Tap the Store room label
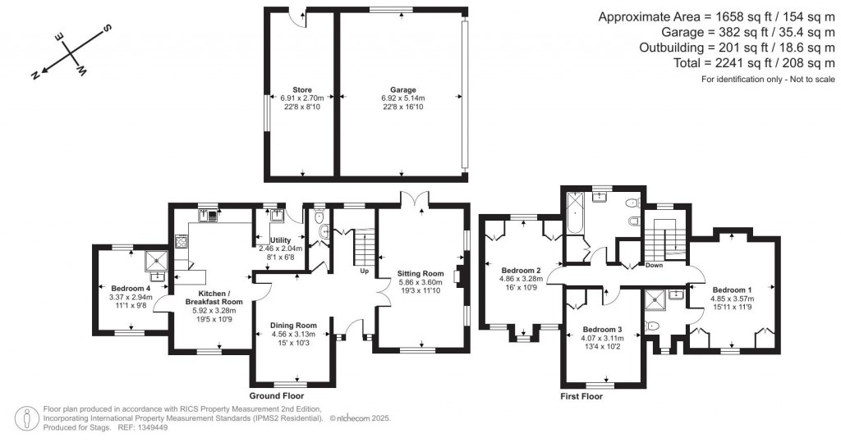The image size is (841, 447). point(301,89)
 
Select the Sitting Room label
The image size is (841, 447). point(420,273)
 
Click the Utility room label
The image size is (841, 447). point(282,239)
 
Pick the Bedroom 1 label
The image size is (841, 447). point(731,290)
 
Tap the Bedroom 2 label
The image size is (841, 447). point(521,271)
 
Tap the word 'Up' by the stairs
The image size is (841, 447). point(364,269)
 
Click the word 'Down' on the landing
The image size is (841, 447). point(654,265)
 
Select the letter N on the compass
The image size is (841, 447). point(35,75)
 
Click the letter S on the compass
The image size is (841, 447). point(107,29)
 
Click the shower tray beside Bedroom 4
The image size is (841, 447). point(156,260)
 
